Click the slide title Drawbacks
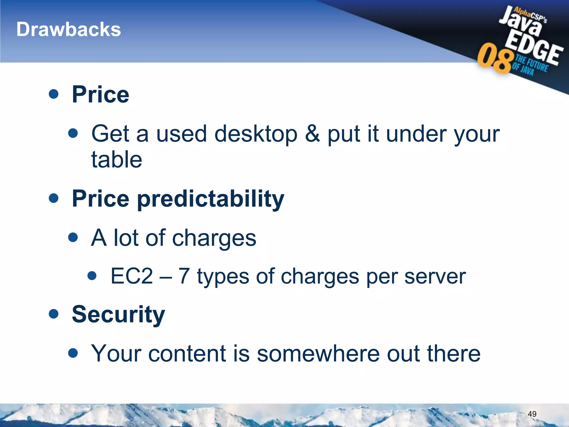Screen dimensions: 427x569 coord(69,29)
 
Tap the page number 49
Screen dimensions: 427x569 coord(532,414)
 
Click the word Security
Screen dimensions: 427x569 coord(118,315)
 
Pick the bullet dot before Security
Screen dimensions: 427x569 coord(53,314)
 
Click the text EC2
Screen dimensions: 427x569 coord(132,276)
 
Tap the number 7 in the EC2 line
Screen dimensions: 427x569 coord(184,276)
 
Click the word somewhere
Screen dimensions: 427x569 coord(318,354)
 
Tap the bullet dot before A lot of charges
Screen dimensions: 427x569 coord(73,237)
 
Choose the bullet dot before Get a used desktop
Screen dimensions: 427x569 coord(73,133)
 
